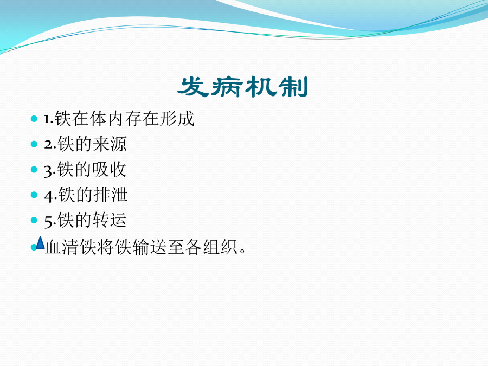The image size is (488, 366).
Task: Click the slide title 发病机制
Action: point(243,87)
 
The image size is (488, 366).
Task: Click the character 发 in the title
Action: point(193,87)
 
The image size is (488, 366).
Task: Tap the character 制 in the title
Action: point(293,87)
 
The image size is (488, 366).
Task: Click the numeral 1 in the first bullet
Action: point(47,119)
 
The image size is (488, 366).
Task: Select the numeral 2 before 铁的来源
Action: point(49,145)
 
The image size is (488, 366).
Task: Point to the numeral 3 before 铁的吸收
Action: point(49,171)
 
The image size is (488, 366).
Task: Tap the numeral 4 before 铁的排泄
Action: point(49,196)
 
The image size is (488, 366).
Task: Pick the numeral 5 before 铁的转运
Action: point(49,222)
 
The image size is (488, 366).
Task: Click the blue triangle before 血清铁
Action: point(41,243)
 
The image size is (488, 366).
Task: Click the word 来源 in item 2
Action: point(110,144)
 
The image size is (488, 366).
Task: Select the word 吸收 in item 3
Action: point(109,170)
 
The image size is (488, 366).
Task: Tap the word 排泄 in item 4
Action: point(111,195)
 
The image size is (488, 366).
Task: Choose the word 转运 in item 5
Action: point(110,220)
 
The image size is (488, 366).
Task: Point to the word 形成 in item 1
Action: point(177,119)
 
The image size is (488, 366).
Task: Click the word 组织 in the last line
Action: point(220,247)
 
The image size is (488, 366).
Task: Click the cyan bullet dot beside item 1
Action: point(34,119)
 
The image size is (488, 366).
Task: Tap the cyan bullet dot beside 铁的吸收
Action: point(34,170)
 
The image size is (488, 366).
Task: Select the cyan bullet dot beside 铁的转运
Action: point(34,220)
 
